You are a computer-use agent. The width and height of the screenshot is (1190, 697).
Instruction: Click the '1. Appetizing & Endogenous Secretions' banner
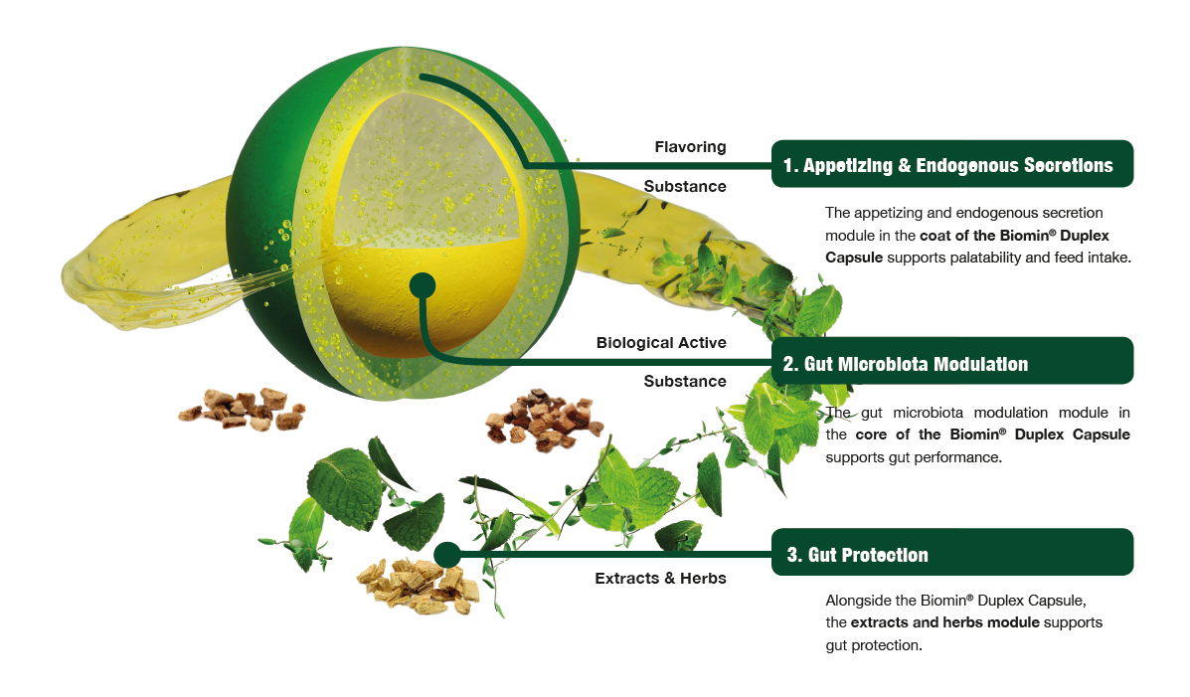tap(951, 165)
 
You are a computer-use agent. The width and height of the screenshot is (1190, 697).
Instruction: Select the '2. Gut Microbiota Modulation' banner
tap(951, 363)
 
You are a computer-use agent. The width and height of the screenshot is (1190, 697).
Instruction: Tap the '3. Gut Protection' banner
tap(951, 554)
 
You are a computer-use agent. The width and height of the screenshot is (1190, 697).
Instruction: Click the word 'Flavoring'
tap(690, 147)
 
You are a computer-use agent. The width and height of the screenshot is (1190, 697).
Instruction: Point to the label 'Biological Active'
tap(661, 343)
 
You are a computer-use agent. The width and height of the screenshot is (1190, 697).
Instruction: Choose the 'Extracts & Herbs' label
tap(660, 578)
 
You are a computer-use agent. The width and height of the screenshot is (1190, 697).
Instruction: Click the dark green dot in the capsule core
tap(423, 285)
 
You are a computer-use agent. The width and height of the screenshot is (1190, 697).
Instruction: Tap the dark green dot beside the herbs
tap(446, 553)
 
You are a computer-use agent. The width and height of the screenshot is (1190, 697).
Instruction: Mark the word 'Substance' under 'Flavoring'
tap(685, 186)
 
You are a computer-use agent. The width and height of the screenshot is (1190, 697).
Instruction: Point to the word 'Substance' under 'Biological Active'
tap(685, 381)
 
